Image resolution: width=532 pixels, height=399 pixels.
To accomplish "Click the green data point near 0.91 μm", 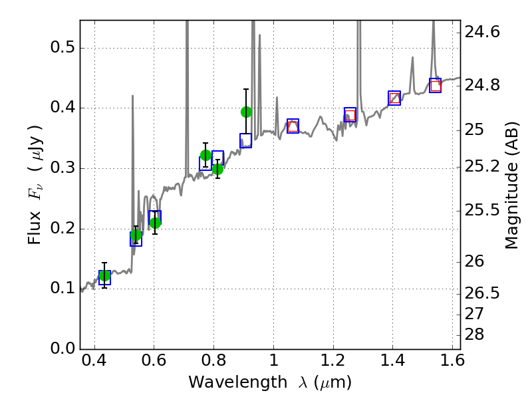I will [x=246, y=112].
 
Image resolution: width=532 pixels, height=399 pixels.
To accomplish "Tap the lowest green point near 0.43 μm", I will [x=104, y=276].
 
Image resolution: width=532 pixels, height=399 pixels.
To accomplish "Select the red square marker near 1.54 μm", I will [x=436, y=86].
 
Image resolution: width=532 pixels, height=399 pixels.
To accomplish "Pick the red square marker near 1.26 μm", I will [x=350, y=115].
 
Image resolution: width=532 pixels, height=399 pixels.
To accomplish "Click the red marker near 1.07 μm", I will [x=293, y=126].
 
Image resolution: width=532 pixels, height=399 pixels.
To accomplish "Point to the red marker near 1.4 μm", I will [x=394, y=98].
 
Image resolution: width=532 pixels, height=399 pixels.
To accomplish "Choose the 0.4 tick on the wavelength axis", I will [x=94, y=363].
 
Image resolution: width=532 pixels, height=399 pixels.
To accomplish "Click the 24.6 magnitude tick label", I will [x=483, y=32].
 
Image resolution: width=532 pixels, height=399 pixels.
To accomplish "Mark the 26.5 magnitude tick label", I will [x=483, y=293].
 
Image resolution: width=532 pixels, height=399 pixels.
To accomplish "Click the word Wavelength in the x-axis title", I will [x=226, y=383].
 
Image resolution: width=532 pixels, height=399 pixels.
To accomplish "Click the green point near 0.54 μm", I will [x=136, y=235].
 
